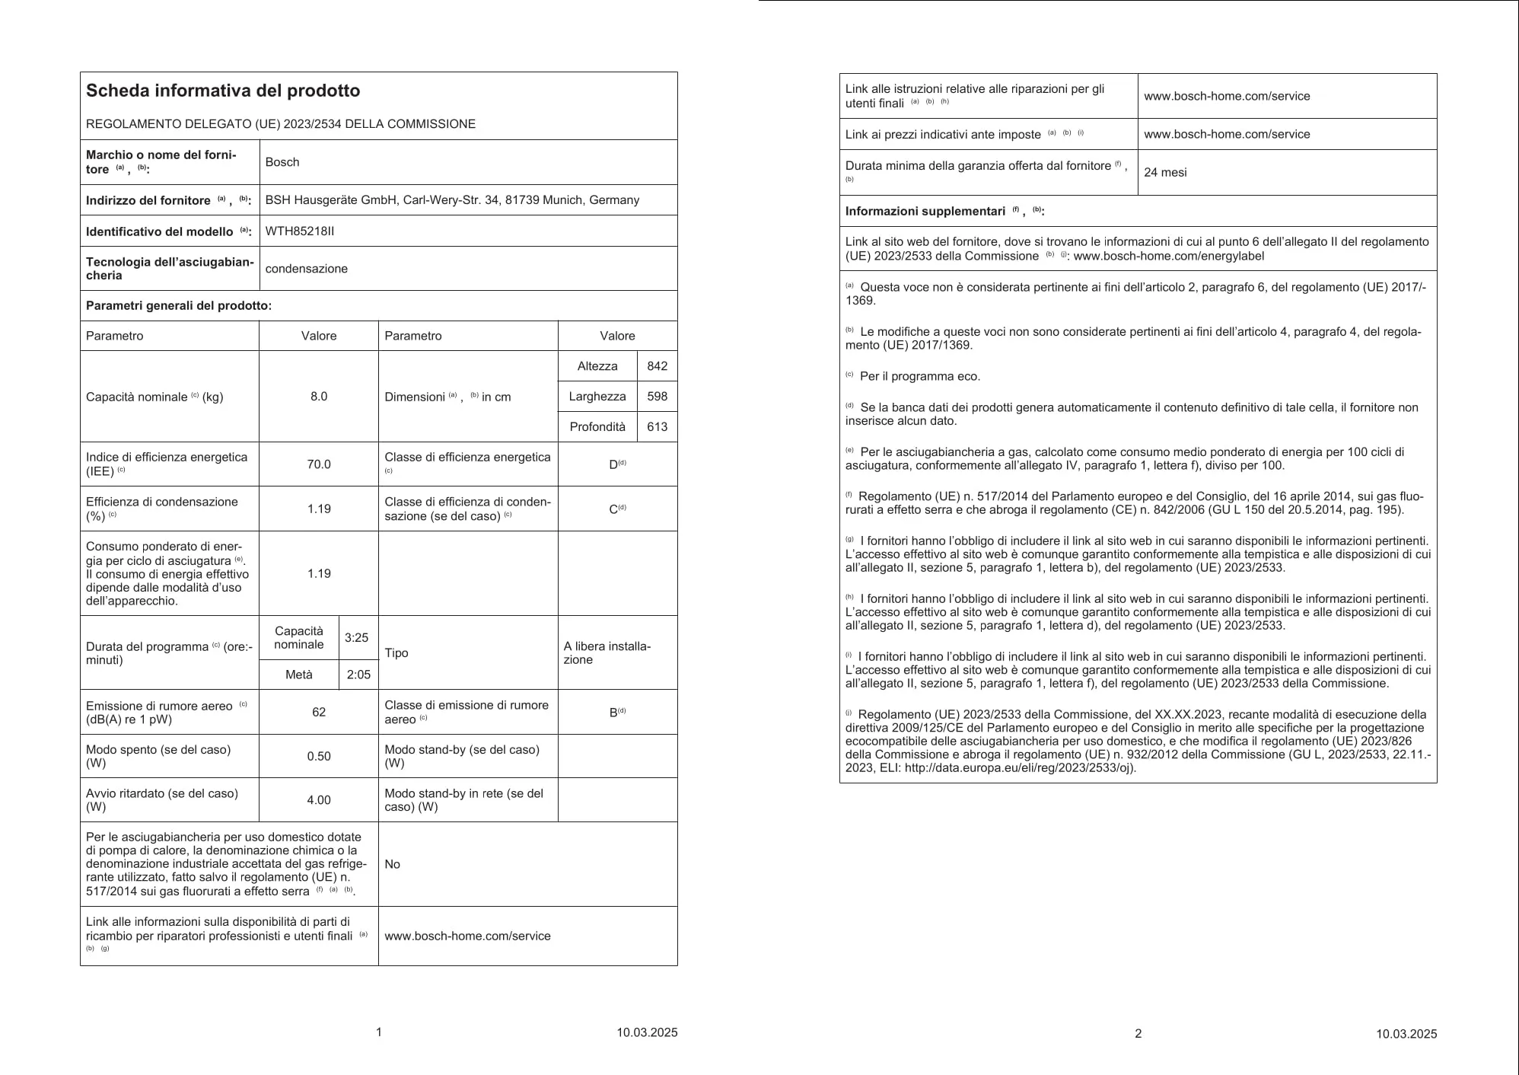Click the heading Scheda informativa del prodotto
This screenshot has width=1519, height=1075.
tap(223, 91)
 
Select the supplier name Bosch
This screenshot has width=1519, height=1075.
tap(282, 162)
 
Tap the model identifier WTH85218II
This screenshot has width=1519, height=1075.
tap(300, 231)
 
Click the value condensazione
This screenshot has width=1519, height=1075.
tap(307, 269)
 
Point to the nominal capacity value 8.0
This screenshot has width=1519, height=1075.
tap(319, 397)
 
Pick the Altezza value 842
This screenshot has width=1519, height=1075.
tap(657, 366)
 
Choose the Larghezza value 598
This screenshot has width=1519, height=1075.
tap(657, 397)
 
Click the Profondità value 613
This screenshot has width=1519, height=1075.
tap(657, 427)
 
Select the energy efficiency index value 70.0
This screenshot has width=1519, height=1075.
tap(319, 464)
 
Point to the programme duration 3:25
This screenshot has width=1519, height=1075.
tap(357, 638)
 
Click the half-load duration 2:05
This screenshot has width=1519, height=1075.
tap(358, 675)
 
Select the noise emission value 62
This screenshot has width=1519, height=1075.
tap(319, 712)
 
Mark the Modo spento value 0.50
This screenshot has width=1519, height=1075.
tap(319, 756)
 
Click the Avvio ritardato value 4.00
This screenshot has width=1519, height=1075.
tap(319, 800)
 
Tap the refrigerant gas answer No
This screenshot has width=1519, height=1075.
tap(393, 864)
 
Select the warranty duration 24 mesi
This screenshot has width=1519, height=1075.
tap(1165, 173)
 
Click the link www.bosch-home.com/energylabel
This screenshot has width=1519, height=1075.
tap(1169, 257)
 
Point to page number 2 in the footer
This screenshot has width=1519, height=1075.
tap(1138, 1034)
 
